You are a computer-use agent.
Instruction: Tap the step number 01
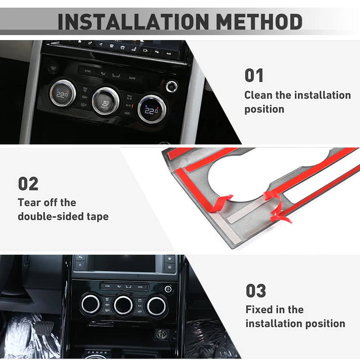[254, 75]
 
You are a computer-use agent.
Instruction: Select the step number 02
[28, 184]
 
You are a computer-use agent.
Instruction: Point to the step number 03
[256, 291]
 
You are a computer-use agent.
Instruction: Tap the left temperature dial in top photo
[61, 94]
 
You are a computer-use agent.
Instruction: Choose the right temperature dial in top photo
[150, 108]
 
